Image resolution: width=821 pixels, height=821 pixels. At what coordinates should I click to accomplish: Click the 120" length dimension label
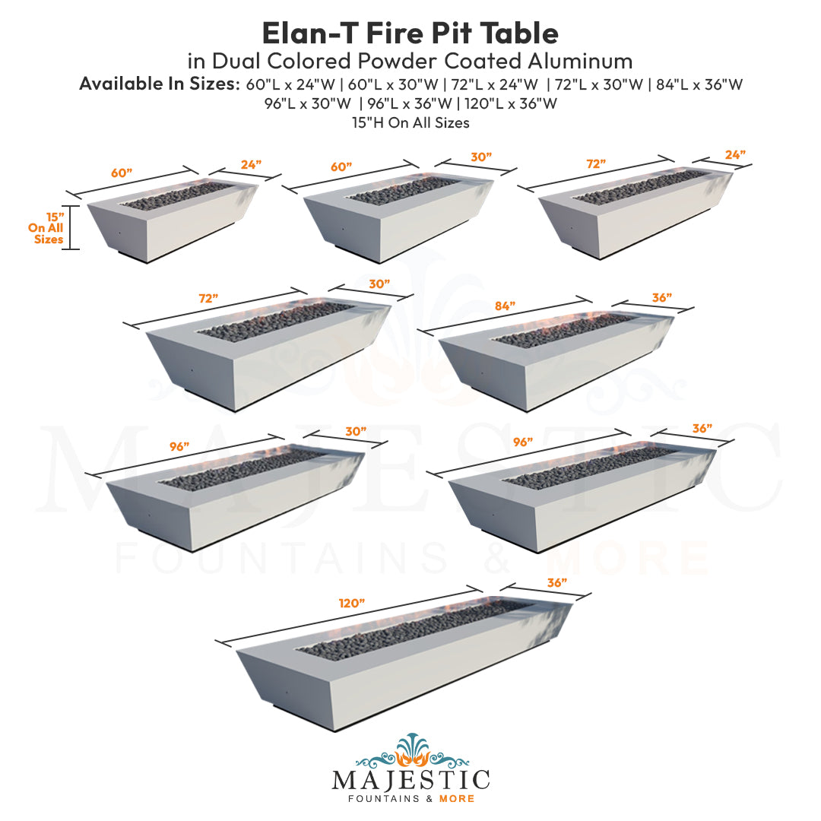[x=352, y=603]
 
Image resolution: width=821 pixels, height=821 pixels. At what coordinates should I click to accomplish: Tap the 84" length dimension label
[x=503, y=306]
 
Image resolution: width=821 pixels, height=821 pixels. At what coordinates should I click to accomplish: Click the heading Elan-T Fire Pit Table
[x=410, y=33]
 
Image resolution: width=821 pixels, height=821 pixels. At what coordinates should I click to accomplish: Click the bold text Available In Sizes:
[x=159, y=84]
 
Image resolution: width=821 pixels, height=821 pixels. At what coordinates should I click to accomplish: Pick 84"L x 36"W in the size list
[x=698, y=84]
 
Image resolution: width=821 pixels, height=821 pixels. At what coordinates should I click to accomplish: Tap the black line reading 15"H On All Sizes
[x=410, y=122]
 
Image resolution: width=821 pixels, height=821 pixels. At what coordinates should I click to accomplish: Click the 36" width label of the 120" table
[x=556, y=583]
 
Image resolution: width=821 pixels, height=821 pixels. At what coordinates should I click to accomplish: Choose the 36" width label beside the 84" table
[x=661, y=298]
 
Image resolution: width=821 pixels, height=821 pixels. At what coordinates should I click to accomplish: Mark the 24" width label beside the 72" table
[x=734, y=154]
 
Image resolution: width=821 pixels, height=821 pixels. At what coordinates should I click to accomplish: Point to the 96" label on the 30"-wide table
[x=179, y=447]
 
